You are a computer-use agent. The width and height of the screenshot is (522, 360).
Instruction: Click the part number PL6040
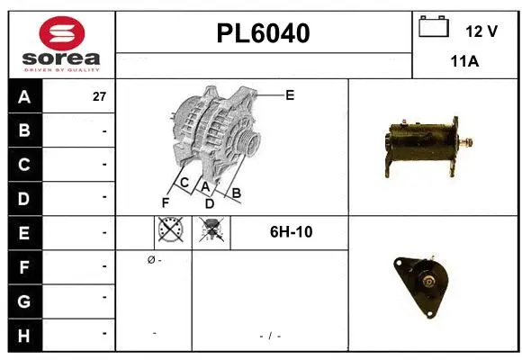coord(263,34)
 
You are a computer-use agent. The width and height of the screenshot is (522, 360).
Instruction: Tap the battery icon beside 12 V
coord(434,29)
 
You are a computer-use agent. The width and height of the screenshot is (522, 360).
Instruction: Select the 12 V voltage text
coord(481,31)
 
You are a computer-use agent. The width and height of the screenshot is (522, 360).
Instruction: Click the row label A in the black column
coord(24,97)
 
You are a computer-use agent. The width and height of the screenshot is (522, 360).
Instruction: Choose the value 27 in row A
coord(99,97)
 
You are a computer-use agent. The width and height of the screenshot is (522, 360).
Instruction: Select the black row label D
coord(24,198)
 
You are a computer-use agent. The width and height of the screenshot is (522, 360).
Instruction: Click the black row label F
coord(24,265)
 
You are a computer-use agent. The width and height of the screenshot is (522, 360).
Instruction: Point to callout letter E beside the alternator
coord(290,94)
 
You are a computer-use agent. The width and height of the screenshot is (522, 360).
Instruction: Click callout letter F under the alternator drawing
coord(166,202)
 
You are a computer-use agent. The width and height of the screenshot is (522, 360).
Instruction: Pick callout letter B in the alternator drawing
coord(237,192)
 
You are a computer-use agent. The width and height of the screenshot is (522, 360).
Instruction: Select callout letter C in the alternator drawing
coord(184,183)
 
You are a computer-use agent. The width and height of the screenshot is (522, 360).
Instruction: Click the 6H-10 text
coord(291,232)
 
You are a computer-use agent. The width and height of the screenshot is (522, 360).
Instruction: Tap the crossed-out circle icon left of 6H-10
coord(171,232)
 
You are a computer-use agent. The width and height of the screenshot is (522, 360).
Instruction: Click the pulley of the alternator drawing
coord(248,143)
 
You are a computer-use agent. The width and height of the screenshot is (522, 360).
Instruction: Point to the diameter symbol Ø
coord(149,260)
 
